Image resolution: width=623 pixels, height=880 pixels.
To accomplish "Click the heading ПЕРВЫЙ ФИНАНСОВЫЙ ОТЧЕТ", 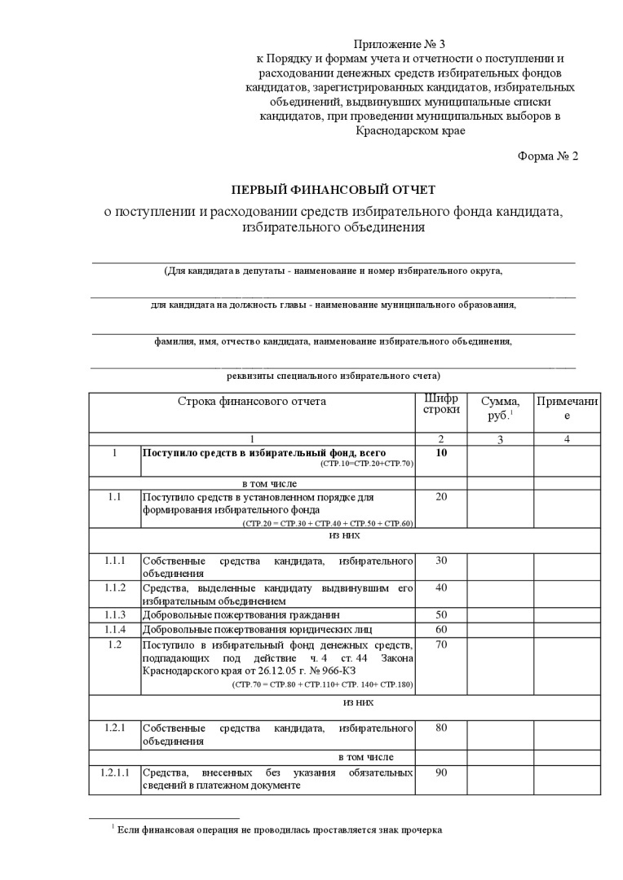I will pyautogui.click(x=334, y=190).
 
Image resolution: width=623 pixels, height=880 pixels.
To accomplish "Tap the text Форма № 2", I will pyautogui.click(x=548, y=156).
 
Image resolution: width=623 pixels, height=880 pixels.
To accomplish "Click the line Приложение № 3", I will pyautogui.click(x=400, y=43).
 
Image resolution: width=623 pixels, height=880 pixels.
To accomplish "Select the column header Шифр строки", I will pyautogui.click(x=441, y=404).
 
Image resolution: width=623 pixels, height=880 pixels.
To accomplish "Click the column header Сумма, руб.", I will pyautogui.click(x=500, y=408).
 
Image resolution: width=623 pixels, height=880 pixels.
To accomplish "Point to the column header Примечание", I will pyautogui.click(x=568, y=408).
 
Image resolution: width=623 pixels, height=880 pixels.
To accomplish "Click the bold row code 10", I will pyautogui.click(x=441, y=452).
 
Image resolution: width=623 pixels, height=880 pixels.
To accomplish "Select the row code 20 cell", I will pyautogui.click(x=441, y=497).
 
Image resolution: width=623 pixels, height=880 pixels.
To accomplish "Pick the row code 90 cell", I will pyautogui.click(x=441, y=772).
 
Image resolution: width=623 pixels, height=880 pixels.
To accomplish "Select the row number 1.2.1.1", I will pyautogui.click(x=115, y=772).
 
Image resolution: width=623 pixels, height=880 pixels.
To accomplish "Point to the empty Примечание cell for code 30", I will pyautogui.click(x=568, y=567).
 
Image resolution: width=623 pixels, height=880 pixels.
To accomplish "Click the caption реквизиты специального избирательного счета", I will pyautogui.click(x=333, y=376).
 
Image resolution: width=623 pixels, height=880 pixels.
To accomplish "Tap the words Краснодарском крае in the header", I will pyautogui.click(x=411, y=130).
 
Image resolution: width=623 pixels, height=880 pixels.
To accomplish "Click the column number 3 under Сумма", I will pyautogui.click(x=500, y=439).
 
